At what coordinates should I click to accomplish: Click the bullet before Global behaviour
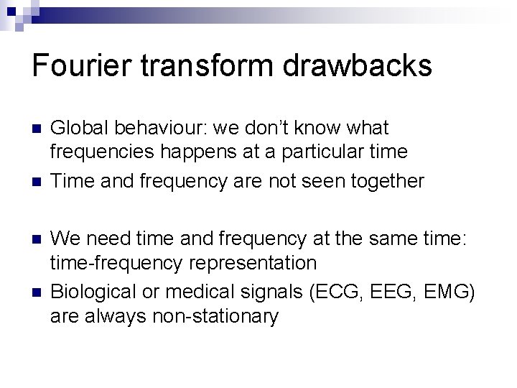point(37,129)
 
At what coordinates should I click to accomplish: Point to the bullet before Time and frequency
point(37,181)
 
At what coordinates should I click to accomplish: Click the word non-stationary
point(215,316)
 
